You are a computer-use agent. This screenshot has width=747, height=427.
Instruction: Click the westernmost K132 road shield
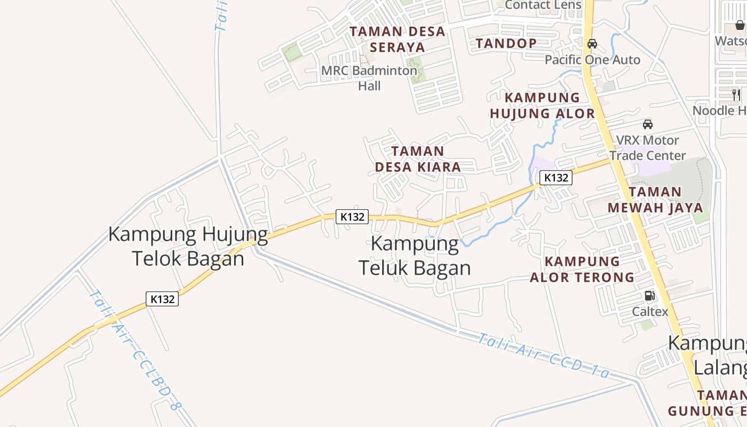[x=162, y=299]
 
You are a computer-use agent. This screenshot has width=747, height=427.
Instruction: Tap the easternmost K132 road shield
[x=555, y=178]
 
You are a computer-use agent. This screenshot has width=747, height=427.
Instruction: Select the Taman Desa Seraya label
[x=398, y=39]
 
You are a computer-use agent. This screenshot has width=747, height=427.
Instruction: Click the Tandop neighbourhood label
[x=506, y=43]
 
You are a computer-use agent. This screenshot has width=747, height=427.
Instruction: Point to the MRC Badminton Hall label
[x=369, y=78]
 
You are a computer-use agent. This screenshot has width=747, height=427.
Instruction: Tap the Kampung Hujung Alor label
[x=542, y=105]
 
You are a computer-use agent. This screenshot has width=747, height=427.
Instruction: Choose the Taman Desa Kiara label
[x=418, y=159]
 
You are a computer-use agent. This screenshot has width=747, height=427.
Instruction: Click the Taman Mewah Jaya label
[x=655, y=200]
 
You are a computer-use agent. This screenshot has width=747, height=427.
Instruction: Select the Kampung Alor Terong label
[x=582, y=269]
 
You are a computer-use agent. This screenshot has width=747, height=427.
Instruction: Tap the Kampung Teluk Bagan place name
[x=415, y=256]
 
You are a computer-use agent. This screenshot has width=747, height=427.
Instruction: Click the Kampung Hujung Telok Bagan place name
[x=188, y=246]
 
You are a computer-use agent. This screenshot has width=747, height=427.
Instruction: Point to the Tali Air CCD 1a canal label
[x=543, y=355]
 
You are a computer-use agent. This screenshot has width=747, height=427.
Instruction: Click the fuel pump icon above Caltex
[x=649, y=296]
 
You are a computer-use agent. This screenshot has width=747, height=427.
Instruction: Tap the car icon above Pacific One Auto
[x=592, y=44]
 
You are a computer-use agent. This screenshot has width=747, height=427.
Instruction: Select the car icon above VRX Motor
[x=648, y=124]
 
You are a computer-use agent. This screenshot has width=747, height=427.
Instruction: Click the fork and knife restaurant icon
[x=736, y=95]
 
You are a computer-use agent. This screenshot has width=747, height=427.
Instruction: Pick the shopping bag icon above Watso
[x=740, y=25]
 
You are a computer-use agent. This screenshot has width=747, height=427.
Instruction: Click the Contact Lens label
[x=543, y=5]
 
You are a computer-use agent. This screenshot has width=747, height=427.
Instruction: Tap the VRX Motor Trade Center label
[x=648, y=148]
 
